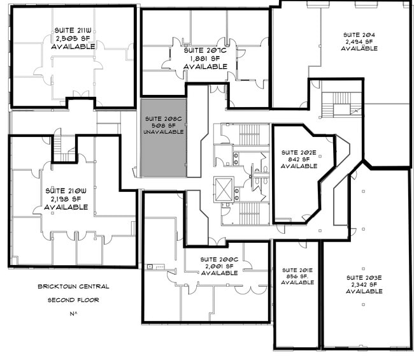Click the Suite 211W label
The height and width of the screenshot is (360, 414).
coord(73,31)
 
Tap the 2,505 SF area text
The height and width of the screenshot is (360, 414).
coord(73,39)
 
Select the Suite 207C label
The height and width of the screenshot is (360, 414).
coord(205,50)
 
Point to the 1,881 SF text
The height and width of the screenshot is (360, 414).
coord(205,59)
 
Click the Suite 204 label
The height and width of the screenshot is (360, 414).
coord(359,35)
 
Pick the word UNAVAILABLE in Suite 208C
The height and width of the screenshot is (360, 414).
coord(164,131)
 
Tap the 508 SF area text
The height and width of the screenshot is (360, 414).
coord(164,126)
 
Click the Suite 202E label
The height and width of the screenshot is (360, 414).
coord(299,152)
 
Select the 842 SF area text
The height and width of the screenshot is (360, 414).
coord(299,159)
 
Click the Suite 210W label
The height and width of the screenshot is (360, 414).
coord(66,191)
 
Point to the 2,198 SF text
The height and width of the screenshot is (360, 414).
coord(66,199)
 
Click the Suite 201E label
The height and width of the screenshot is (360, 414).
coord(297,270)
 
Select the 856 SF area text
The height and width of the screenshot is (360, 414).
coord(297,277)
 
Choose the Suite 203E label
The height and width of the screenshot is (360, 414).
coord(364,278)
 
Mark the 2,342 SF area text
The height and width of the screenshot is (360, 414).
coord(364,284)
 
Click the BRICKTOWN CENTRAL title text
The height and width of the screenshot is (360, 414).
coord(73,286)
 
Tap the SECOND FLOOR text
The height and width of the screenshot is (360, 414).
coord(73,300)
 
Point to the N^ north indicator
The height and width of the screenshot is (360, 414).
coord(73,313)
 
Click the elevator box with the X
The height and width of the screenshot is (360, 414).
coord(224,190)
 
